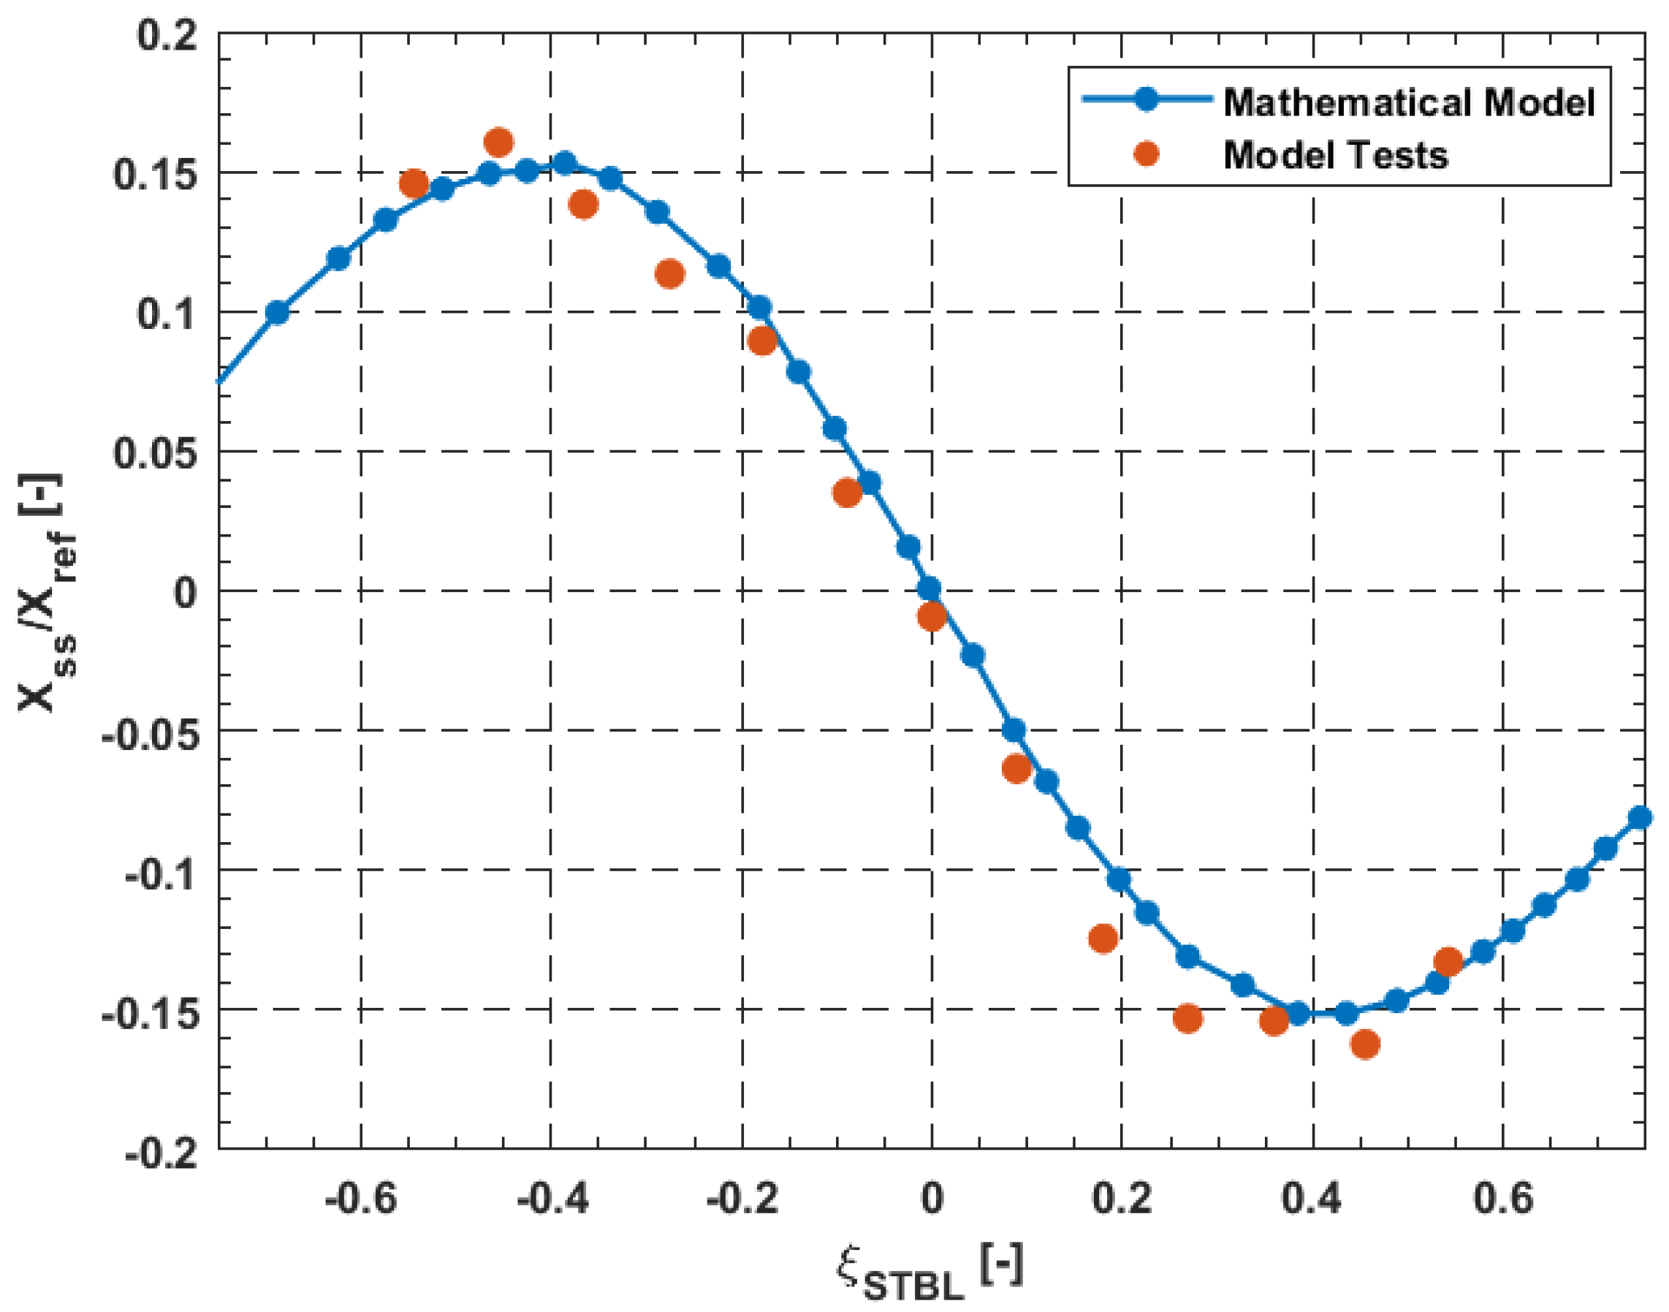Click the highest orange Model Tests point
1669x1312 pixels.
(499, 142)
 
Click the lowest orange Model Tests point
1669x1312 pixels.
(1365, 1044)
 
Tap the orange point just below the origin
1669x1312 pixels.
(932, 615)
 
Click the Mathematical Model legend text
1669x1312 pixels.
(1409, 102)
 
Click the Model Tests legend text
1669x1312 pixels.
(1335, 155)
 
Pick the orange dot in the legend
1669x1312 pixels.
(1146, 153)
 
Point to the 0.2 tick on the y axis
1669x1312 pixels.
(167, 35)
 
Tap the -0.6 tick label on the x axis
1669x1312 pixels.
(360, 1198)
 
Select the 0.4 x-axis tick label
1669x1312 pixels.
(1311, 1198)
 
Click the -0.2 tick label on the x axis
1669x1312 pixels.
(742, 1198)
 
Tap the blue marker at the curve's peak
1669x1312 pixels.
(566, 163)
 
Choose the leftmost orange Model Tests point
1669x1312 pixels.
(414, 183)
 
